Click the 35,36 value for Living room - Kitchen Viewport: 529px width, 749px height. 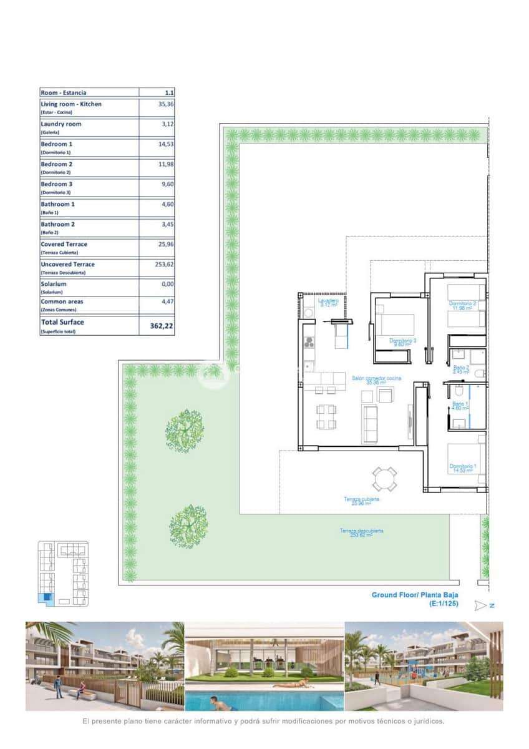pos(165,104)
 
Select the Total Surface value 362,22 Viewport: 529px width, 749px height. pos(162,325)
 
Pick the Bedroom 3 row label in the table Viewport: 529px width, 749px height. pos(56,185)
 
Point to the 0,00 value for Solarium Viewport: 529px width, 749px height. pos(165,284)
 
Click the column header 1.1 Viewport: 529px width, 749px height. pos(168,92)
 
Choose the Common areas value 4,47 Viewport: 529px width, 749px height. pos(165,301)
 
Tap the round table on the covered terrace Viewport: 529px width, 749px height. pos(385,479)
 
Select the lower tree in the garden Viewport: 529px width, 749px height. pos(188,526)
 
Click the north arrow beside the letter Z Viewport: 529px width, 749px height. pos(480,605)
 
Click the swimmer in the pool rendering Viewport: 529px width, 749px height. pos(221,703)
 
